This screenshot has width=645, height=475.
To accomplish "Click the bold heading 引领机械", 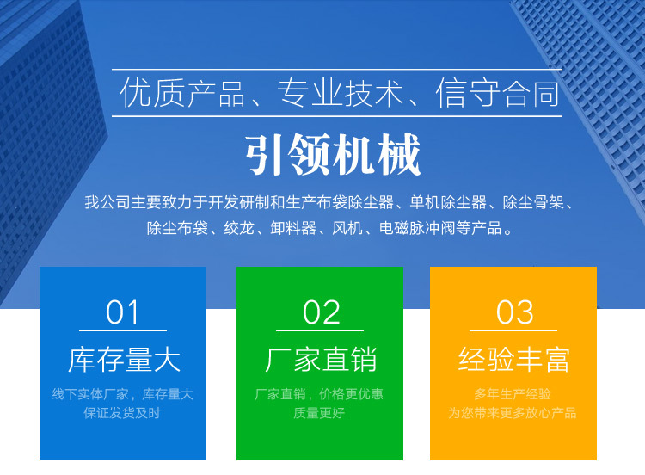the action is (x=333, y=155).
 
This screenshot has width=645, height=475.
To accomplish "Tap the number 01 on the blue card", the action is (x=123, y=312).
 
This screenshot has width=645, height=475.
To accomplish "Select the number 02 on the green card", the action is (x=322, y=312).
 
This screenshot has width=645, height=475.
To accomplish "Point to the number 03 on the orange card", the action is (x=514, y=312).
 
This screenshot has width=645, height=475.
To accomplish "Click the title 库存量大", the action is (x=124, y=360).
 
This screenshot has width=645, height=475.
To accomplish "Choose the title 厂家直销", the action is (x=321, y=360).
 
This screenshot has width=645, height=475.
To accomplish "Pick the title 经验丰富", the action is (x=514, y=360).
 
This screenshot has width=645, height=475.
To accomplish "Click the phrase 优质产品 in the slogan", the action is (x=182, y=93).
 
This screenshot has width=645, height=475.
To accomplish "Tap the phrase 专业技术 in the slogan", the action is (x=340, y=93).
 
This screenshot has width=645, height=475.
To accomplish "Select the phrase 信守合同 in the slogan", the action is (x=498, y=93).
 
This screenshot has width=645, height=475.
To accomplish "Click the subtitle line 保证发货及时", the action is (x=122, y=413).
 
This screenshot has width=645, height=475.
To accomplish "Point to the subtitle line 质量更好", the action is (x=319, y=413).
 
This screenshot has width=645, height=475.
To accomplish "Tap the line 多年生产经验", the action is (x=513, y=394).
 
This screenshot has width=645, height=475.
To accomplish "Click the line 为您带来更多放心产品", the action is (x=513, y=413).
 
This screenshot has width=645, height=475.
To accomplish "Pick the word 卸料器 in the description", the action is (x=293, y=228).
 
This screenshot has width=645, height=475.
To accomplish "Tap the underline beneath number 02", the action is (x=320, y=330).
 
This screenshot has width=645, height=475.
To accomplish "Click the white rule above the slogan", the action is (x=337, y=69).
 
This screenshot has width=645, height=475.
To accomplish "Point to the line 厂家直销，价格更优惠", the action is (x=319, y=394).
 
